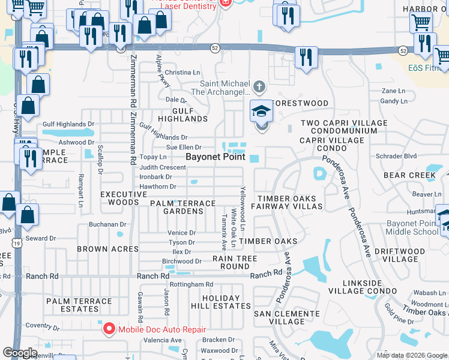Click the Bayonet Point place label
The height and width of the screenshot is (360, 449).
(x=215, y=157)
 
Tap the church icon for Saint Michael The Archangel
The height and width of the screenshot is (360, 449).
(x=259, y=88)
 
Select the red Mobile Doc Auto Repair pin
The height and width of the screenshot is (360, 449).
(x=109, y=329)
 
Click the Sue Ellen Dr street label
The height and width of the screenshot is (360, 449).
(x=184, y=147)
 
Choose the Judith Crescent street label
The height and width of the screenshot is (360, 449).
(x=163, y=167)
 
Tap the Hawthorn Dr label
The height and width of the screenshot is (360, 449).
(x=157, y=187)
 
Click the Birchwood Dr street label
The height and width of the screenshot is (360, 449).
(x=182, y=261)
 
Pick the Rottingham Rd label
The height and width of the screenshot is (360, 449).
(x=191, y=284)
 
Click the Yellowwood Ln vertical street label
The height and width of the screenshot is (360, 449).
(x=243, y=208)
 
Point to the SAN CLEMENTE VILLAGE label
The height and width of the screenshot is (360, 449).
(x=287, y=317)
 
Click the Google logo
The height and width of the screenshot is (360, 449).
(x=19, y=353)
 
